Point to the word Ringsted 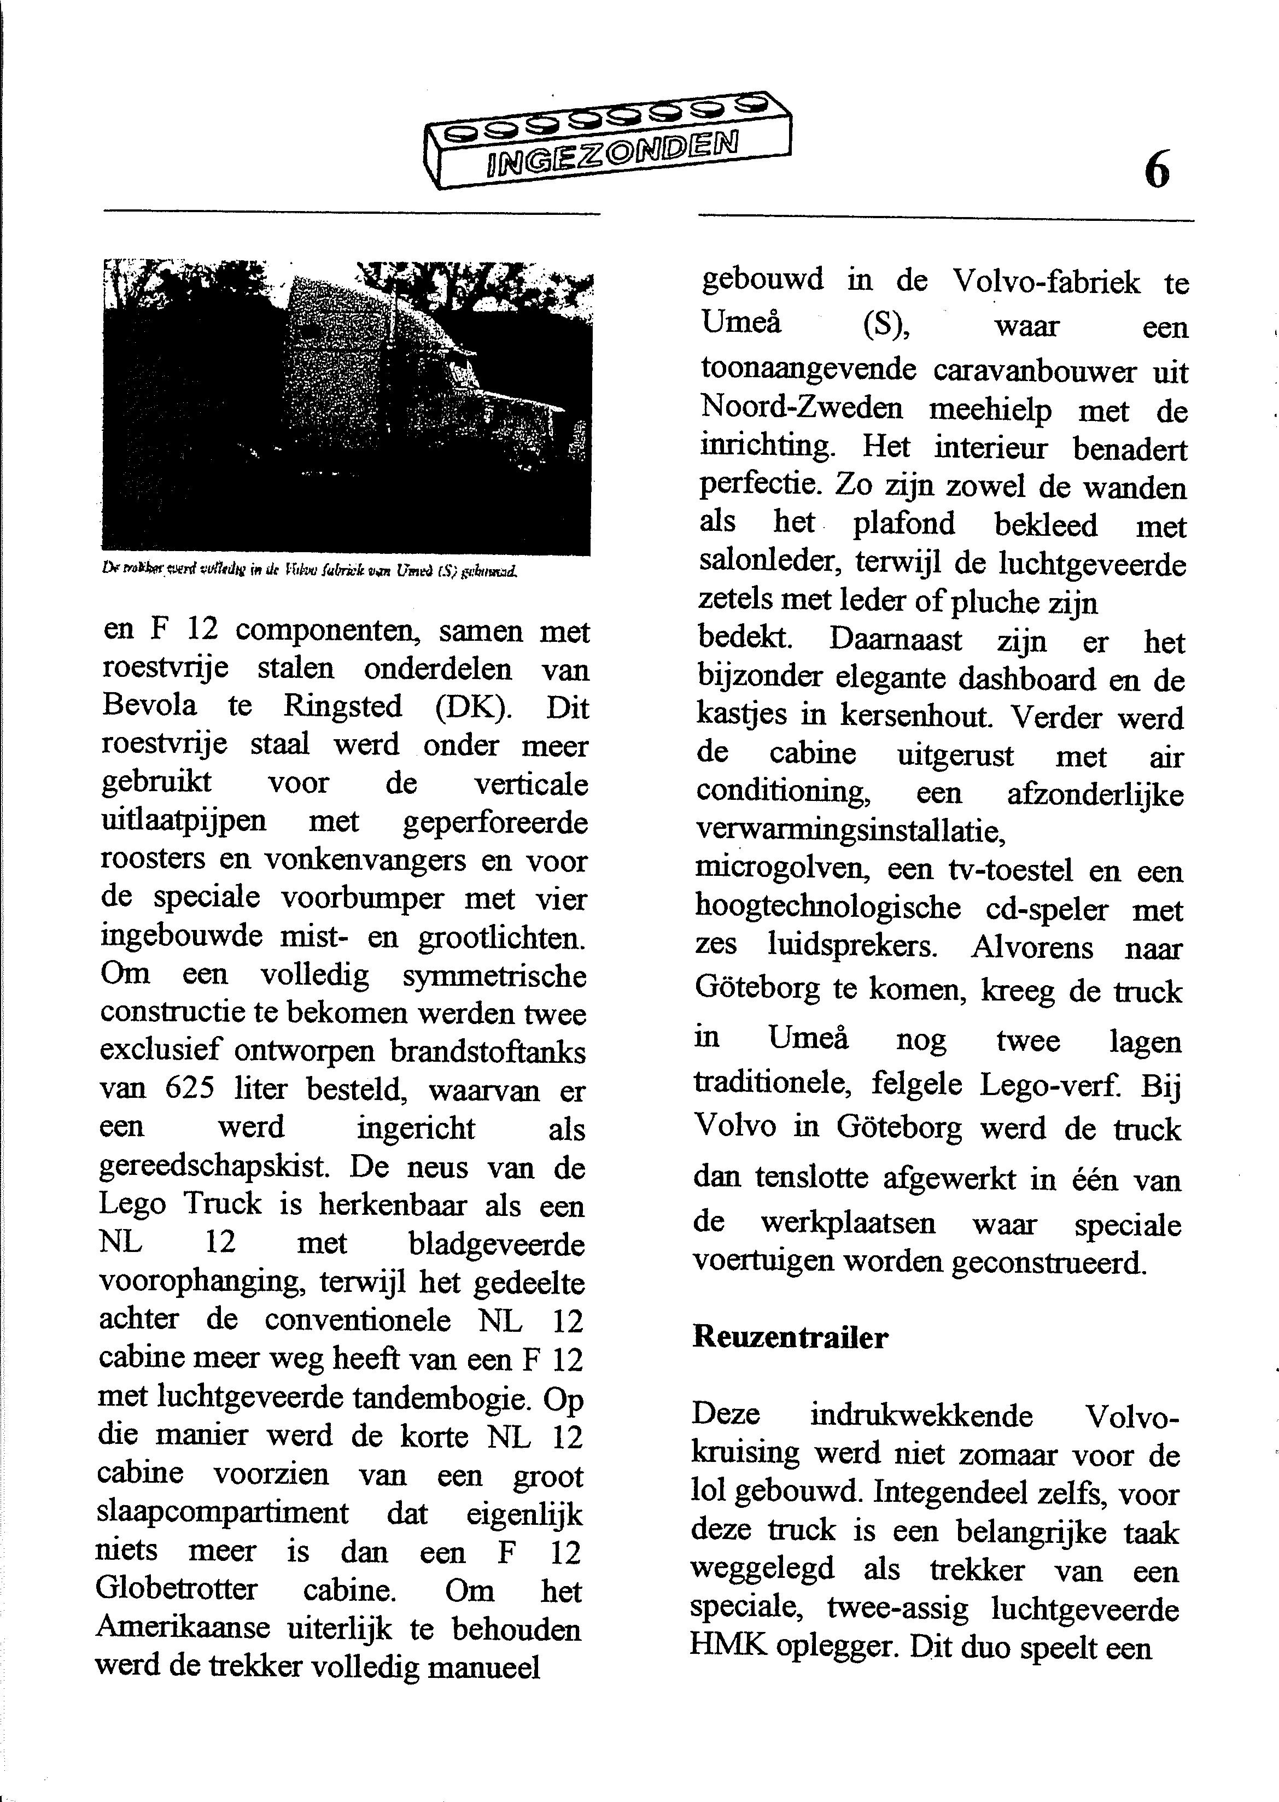click(x=343, y=705)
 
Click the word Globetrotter click(x=177, y=1588)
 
